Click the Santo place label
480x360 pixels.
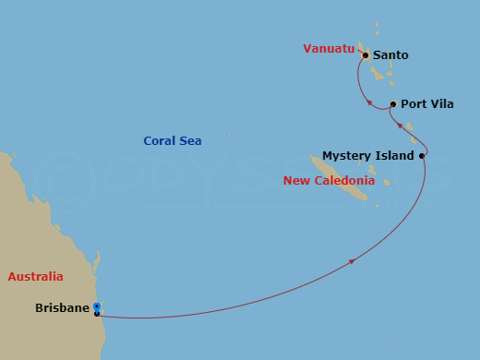click(390, 55)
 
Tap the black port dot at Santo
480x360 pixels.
click(366, 55)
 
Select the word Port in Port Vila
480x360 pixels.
click(414, 104)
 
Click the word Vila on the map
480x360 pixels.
click(442, 104)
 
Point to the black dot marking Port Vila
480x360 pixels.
click(393, 104)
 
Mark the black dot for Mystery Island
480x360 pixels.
click(422, 156)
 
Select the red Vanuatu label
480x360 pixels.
click(329, 49)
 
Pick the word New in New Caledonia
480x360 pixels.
click(294, 181)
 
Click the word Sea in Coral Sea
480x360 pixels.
click(191, 141)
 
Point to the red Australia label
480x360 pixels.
click(35, 276)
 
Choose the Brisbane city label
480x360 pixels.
click(62, 308)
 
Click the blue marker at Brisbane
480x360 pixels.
click(97, 307)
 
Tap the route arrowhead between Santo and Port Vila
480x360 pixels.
click(369, 102)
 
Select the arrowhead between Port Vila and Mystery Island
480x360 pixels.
click(400, 126)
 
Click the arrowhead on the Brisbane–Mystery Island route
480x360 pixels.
click(352, 262)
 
